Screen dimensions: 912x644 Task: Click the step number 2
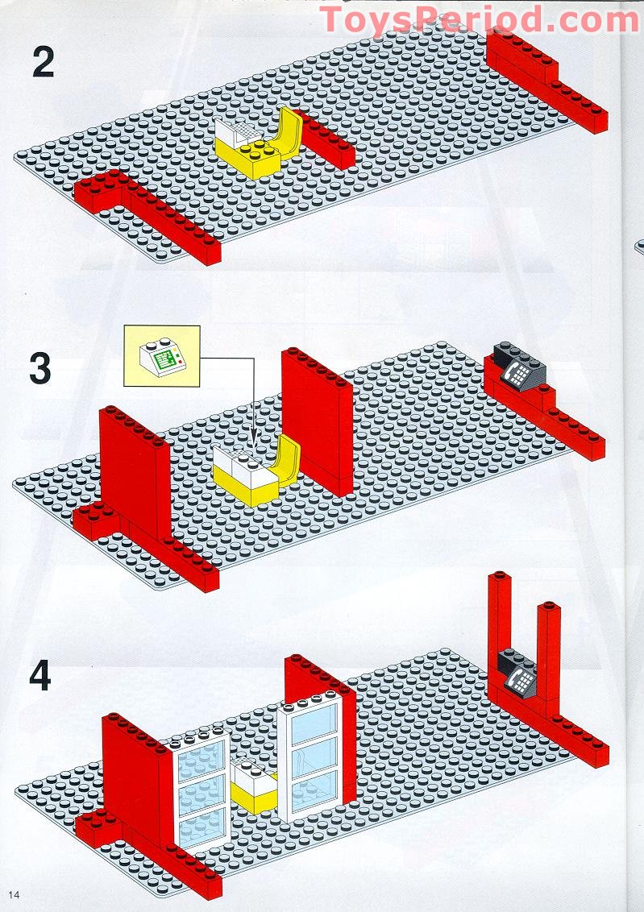[x=43, y=64]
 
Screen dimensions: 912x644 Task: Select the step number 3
[x=40, y=368]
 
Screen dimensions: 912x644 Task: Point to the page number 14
[x=15, y=895]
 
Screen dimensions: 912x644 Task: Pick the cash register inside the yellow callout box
[x=161, y=354]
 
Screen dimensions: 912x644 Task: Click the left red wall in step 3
[x=133, y=475]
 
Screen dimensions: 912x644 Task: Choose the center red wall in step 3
[x=316, y=419]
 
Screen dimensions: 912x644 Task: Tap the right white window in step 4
[x=309, y=757]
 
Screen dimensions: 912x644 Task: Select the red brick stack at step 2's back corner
[x=524, y=60]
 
